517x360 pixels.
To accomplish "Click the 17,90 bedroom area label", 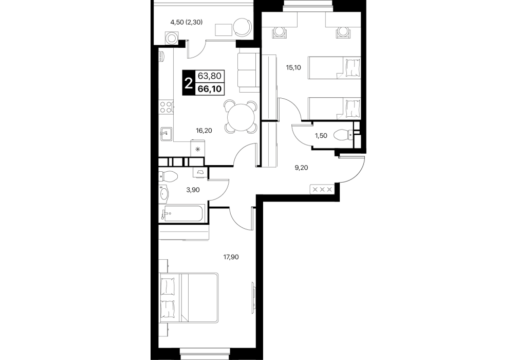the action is (x=231, y=257).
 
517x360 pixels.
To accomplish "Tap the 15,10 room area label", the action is (x=293, y=68).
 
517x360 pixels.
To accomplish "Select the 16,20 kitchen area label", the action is (x=204, y=131).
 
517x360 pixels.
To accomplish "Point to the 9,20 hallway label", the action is (x=301, y=168).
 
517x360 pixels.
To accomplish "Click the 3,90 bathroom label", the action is (x=193, y=190).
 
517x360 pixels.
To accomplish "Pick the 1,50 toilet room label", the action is (x=321, y=136).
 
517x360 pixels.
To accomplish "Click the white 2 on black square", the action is (x=189, y=83).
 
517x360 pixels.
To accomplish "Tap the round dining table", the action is (x=241, y=116).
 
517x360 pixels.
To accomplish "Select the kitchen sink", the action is (x=166, y=134).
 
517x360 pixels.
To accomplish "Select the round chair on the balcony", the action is (x=243, y=26).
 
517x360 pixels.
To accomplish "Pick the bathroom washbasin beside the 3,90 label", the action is (x=164, y=193).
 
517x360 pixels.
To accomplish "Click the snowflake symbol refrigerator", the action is (x=198, y=148).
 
